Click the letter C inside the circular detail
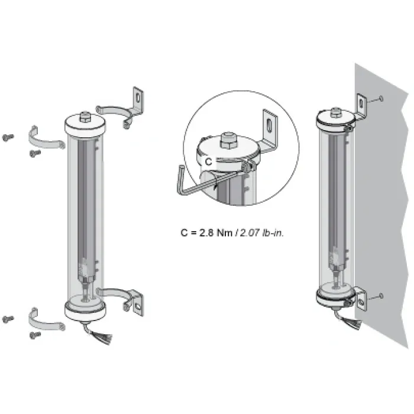coord(208,161)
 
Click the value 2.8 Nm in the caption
coord(216,233)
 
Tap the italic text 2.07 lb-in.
coord(261,233)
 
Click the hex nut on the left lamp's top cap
coord(85,117)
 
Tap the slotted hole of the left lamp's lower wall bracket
coord(138,306)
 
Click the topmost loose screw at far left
coord(8,137)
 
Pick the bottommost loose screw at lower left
coord(35,335)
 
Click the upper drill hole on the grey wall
coord(381,99)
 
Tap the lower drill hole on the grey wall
coord(381,296)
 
